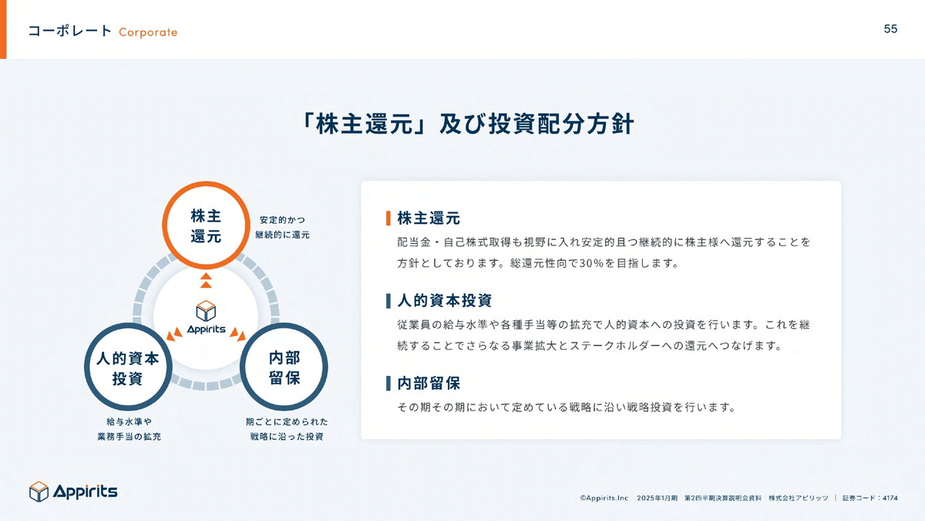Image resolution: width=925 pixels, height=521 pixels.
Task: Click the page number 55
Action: tap(890, 29)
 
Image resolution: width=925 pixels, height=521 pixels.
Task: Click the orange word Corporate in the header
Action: tap(148, 32)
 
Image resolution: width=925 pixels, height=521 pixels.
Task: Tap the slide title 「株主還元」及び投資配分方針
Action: tap(466, 123)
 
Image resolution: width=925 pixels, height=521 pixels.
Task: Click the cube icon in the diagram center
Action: tap(206, 310)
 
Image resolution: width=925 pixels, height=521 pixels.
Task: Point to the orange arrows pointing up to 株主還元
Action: tap(206, 280)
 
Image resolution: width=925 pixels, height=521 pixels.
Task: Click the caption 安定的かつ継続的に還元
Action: tap(282, 228)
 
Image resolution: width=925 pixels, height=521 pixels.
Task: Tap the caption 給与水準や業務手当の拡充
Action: tap(129, 429)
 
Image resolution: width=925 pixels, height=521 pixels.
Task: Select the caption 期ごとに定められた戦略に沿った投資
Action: tap(287, 429)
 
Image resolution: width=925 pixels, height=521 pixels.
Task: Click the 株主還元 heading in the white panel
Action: tap(429, 218)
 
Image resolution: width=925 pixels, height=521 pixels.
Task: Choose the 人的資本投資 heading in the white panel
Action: tap(444, 300)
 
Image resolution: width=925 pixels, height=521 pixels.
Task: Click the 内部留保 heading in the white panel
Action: tap(429, 384)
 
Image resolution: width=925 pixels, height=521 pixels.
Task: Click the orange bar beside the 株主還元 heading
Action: tap(388, 218)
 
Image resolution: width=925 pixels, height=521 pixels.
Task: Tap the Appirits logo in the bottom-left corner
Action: tap(73, 492)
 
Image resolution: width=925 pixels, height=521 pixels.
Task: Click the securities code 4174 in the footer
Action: tap(890, 499)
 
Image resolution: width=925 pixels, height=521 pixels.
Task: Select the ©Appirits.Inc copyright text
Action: tap(604, 499)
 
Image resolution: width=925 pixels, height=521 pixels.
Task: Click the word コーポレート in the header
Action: tap(70, 32)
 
